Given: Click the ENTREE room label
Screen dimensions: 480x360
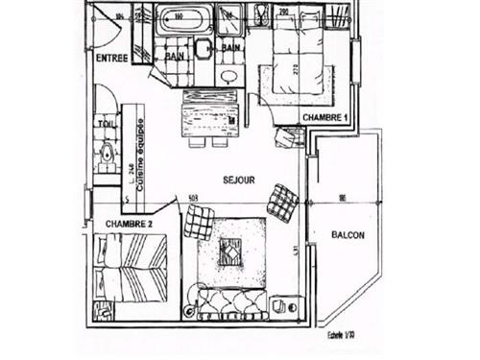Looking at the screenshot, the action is point(113,57).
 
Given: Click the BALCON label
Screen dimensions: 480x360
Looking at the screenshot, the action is point(348,234).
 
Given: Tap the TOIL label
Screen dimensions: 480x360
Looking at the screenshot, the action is point(105,123).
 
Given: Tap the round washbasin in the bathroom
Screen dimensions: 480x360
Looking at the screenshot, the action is point(228,78).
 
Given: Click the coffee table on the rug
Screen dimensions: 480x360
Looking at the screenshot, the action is point(231,252).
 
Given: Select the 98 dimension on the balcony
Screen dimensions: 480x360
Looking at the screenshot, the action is point(343,199).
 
